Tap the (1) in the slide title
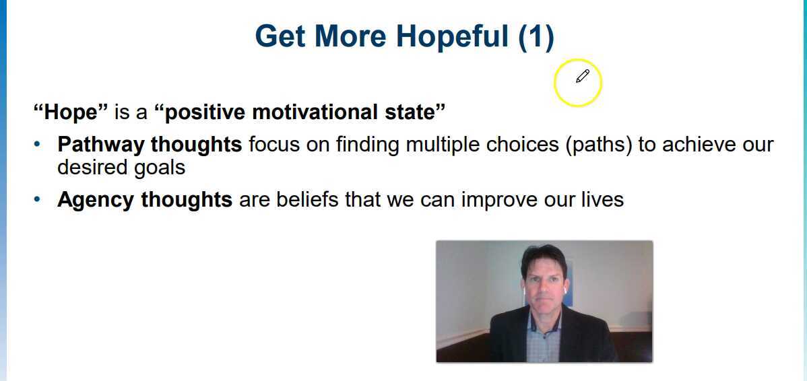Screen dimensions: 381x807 (x=536, y=36)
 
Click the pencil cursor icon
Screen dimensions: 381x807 (x=583, y=76)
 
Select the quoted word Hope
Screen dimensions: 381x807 (x=71, y=112)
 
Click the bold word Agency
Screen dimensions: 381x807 (x=97, y=200)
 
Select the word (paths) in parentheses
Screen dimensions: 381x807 (x=598, y=145)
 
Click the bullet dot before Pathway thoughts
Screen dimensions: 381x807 (x=38, y=145)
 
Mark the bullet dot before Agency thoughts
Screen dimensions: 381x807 (x=38, y=200)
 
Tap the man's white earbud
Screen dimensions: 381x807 (x=525, y=290)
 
